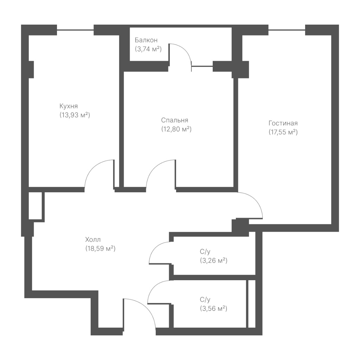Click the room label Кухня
[x=69, y=106]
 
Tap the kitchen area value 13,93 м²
[x=75, y=115]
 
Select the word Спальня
[x=174, y=120]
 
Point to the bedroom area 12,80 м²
[x=176, y=129]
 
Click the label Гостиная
[x=283, y=123]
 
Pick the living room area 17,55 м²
[x=283, y=132]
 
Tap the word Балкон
[x=146, y=40]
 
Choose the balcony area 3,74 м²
[x=148, y=49]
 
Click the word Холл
[x=93, y=240]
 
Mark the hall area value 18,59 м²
[x=100, y=249]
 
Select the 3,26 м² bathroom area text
[x=213, y=261]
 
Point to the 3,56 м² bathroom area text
[x=213, y=308]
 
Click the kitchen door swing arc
[x=93, y=168]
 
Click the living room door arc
[x=255, y=199]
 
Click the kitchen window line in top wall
[x=75, y=30]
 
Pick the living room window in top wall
[x=287, y=30]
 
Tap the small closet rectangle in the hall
[x=35, y=206]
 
